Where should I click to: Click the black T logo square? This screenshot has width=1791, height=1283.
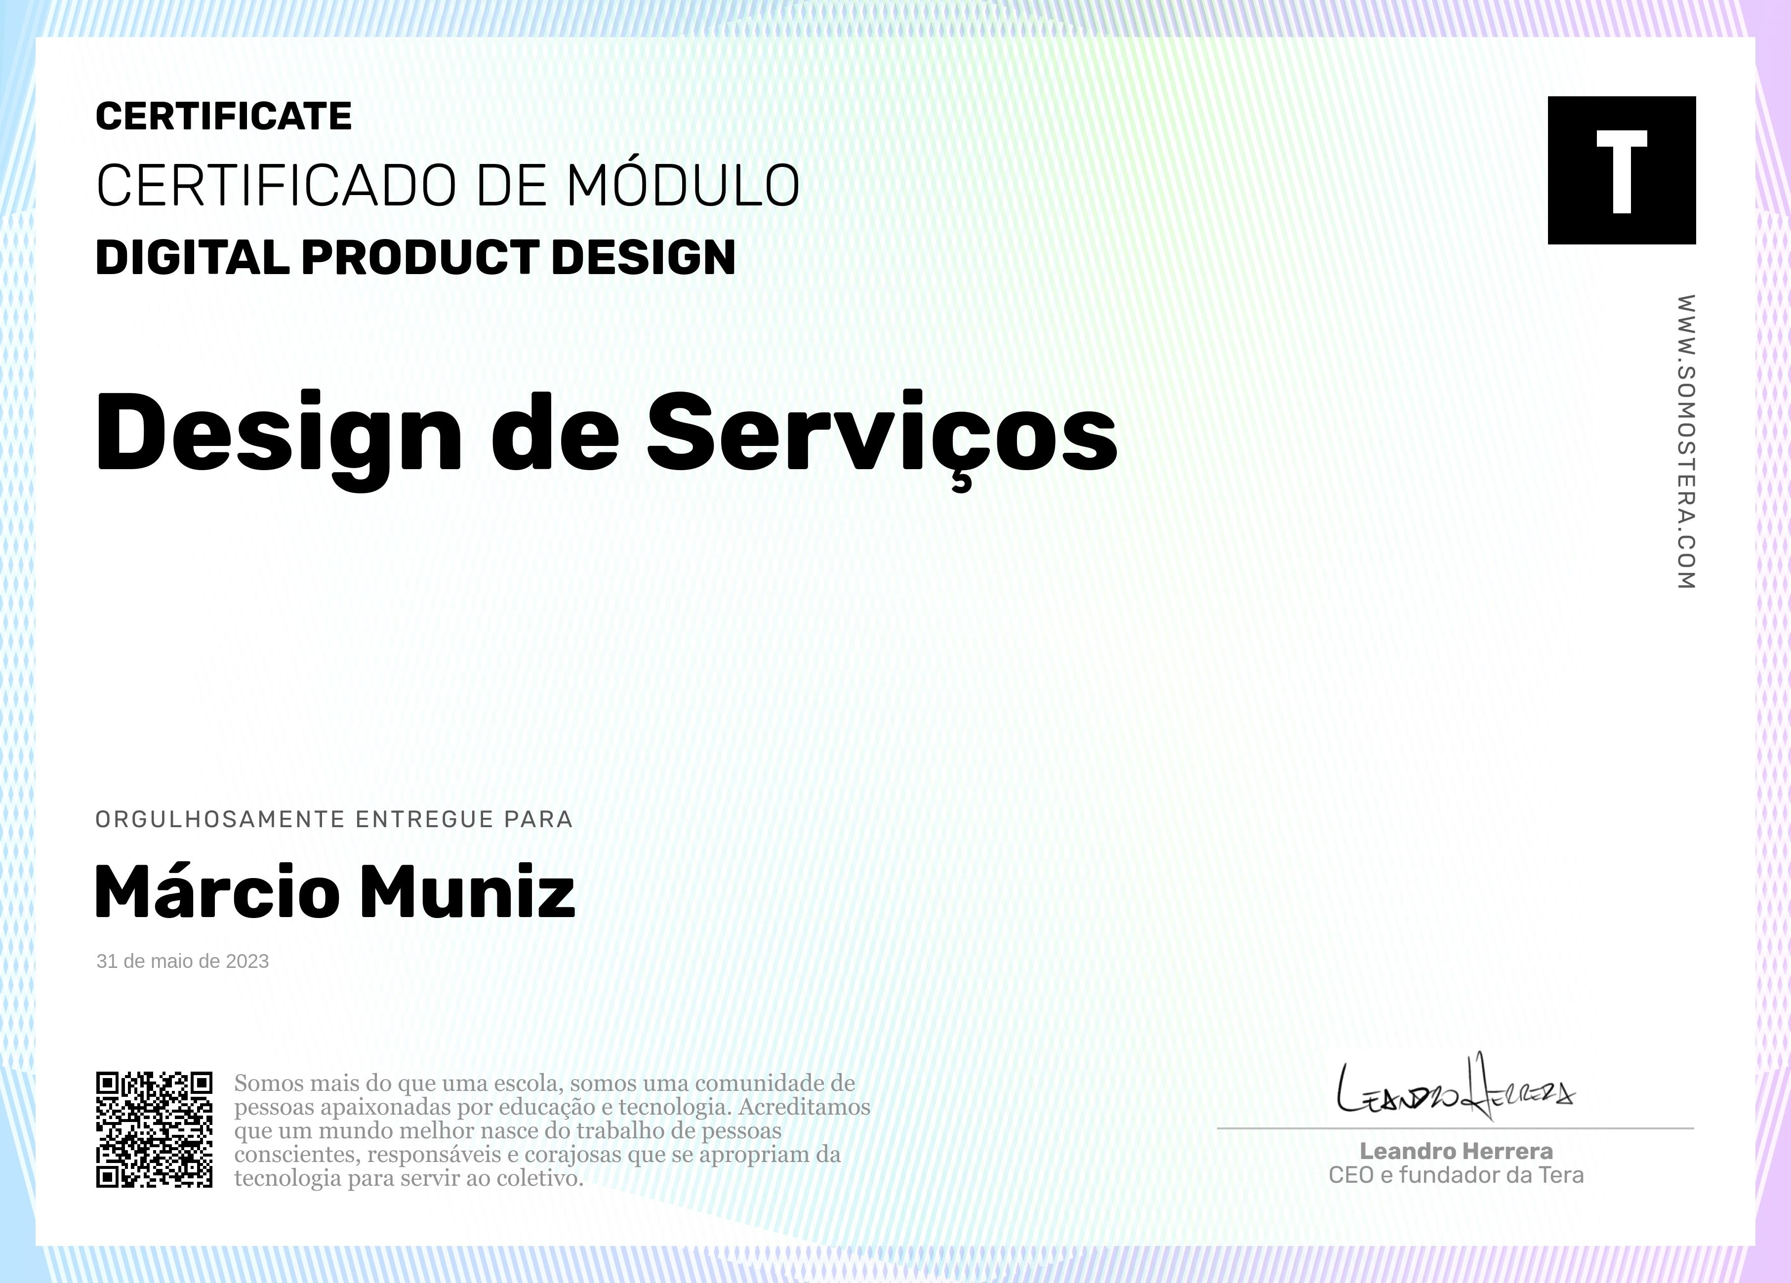[1621, 170]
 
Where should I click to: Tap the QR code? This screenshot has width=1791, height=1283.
[154, 1129]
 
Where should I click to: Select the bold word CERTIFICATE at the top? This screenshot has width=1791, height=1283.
[223, 116]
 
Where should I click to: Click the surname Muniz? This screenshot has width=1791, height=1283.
[467, 890]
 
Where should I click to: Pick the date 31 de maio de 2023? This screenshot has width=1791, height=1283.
[182, 961]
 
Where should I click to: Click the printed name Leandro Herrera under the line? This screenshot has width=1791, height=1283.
[1456, 1151]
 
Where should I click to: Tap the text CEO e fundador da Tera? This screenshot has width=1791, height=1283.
[1456, 1176]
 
